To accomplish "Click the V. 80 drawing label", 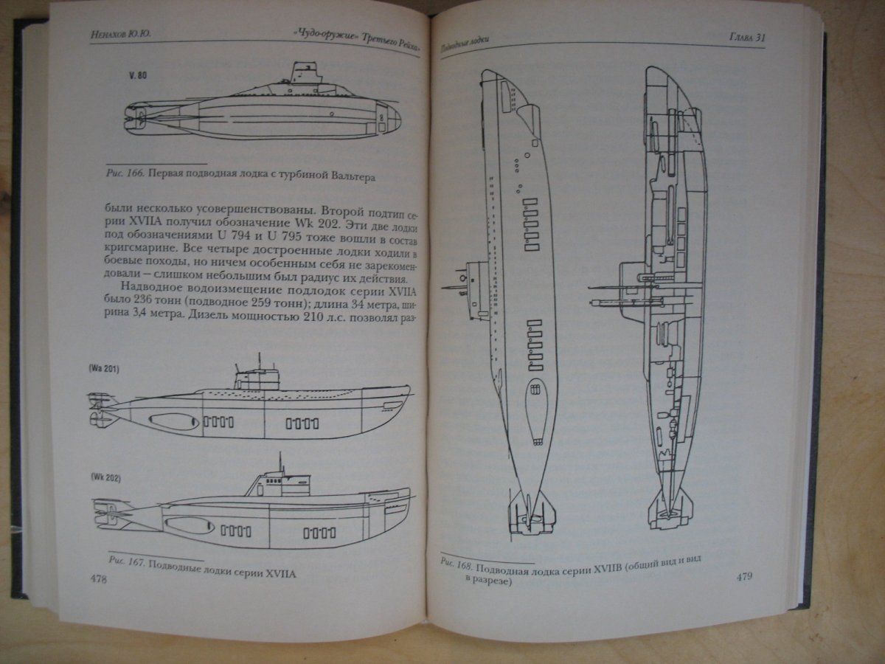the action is point(138,75).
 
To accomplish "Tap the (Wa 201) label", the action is point(104,368).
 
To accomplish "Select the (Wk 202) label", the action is point(106,478).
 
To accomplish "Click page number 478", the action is point(99,579).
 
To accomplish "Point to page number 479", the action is point(744,576).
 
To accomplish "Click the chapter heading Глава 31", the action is point(747,37).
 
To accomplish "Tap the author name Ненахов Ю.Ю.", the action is point(121,35).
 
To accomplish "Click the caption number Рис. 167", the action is point(127,561).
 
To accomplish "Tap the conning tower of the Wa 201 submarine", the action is point(257,379).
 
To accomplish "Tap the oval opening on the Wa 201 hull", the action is point(174,422).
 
